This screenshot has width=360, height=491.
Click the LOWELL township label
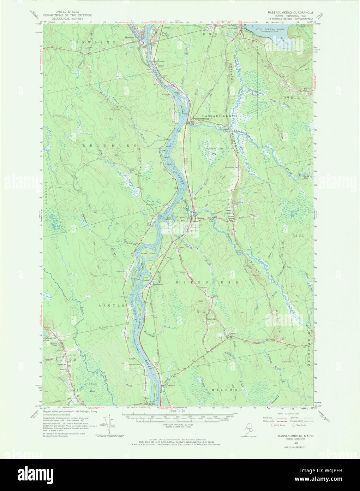tap(290, 97)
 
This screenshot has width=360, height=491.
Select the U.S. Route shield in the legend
tap(272, 425)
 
